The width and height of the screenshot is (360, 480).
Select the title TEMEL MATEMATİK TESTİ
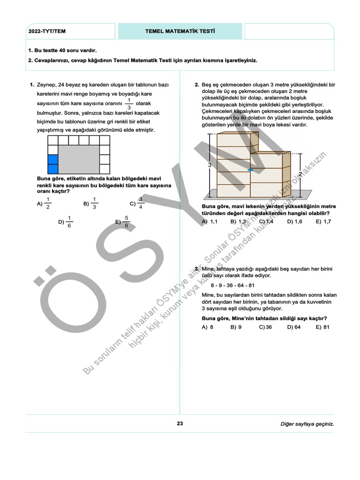180,31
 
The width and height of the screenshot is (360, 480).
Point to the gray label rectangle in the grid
79,160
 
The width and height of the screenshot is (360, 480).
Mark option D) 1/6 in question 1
66,222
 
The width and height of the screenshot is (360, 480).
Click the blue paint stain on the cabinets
251,170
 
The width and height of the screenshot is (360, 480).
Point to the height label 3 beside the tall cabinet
210,165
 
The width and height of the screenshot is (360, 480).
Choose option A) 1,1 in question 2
210,222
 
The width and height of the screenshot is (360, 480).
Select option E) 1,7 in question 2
323,222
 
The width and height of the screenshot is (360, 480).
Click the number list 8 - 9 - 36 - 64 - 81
232,285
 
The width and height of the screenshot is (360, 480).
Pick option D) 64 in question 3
294,327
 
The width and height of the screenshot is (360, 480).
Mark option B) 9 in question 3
236,327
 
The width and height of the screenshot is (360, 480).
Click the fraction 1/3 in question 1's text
129,104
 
